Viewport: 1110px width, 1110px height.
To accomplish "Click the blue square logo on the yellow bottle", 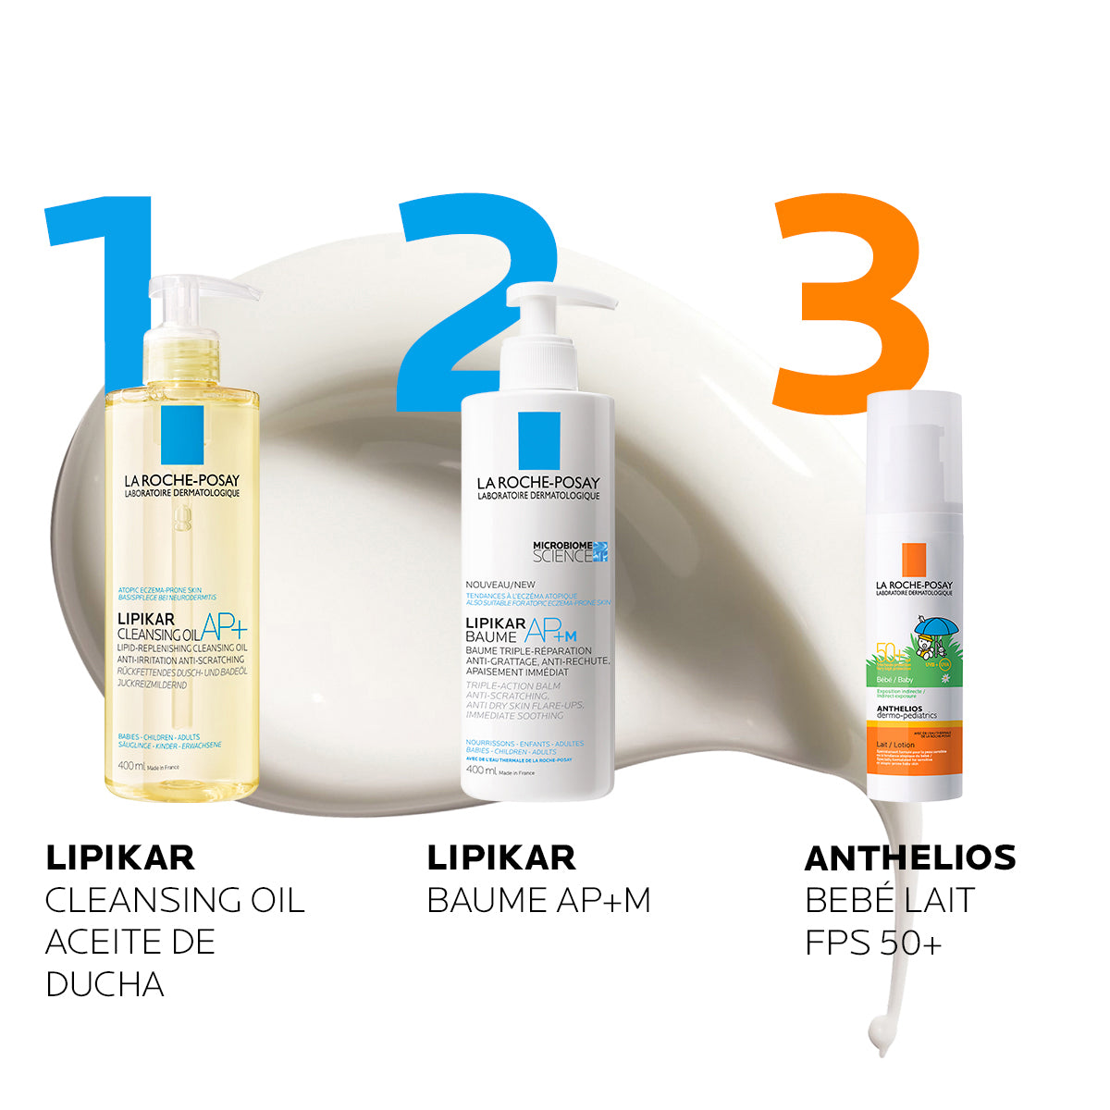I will coord(182,435).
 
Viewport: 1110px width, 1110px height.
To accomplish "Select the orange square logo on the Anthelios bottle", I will coord(914,560).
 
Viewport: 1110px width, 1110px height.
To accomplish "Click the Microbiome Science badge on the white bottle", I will coord(570,551).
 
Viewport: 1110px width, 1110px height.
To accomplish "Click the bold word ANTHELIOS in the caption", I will coord(910,857).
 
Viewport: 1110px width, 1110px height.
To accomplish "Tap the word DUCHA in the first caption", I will coord(105,984).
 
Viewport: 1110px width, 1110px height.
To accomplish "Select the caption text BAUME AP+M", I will coord(538,900).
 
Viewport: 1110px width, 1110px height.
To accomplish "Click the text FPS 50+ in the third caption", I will coord(873,943).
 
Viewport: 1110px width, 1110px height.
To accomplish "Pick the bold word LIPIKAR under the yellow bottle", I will coord(120,857).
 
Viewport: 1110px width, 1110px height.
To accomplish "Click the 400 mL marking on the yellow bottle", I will coord(132,766).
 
